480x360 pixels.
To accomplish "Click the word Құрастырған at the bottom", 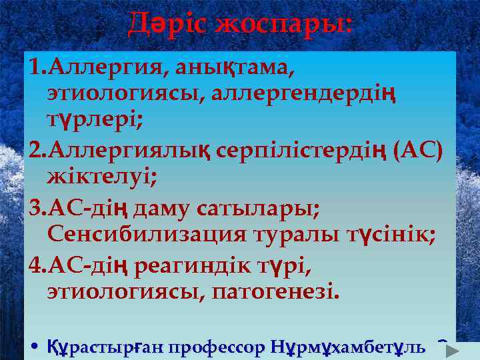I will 106,347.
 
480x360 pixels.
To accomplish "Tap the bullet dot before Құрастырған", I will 35,347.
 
